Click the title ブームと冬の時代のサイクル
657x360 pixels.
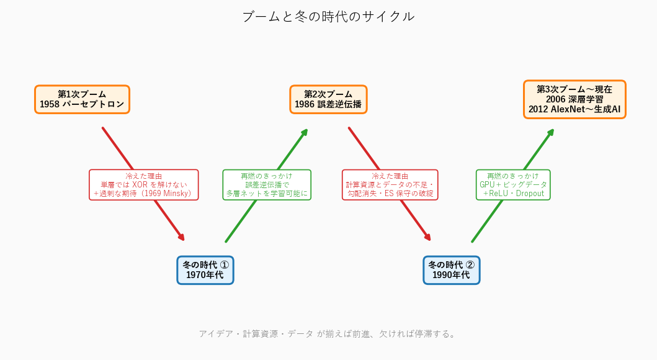[329, 16]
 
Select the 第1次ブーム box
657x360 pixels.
[82, 99]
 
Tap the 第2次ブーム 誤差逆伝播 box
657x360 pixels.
[329, 99]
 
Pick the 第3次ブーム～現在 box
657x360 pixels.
[574, 99]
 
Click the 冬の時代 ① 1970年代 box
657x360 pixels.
[205, 271]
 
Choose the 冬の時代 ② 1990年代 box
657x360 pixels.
[451, 271]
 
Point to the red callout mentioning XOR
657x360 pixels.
[144, 185]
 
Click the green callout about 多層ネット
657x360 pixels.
[267, 185]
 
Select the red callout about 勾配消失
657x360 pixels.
[390, 185]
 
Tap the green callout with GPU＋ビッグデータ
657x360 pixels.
[513, 185]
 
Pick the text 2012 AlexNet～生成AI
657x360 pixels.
[574, 109]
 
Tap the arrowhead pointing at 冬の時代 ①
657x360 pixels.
[182, 238]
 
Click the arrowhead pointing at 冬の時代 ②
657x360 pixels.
[428, 238]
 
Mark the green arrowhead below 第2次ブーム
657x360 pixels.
[305, 132]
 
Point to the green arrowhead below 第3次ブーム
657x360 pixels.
[551, 132]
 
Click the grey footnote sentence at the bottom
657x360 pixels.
[328, 334]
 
